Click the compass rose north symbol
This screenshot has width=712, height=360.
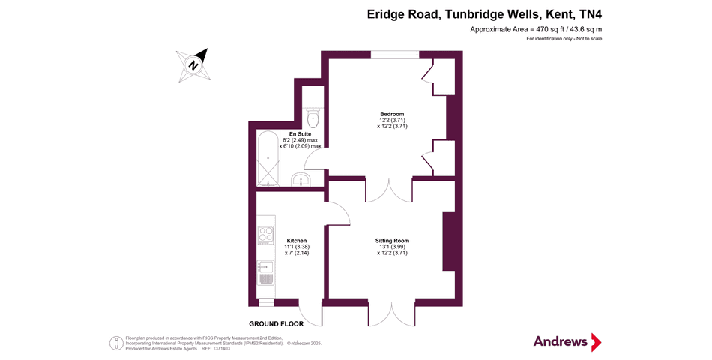coord(193,64)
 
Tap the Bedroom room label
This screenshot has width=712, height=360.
coord(392,115)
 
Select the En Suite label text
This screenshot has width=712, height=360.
coord(300,134)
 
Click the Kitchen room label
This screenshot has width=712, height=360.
coord(297,241)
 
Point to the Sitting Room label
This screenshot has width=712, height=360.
coord(392,241)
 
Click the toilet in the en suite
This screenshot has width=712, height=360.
coord(313,118)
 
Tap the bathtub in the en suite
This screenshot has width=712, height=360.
coord(266,159)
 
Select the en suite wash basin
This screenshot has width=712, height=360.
coord(301,180)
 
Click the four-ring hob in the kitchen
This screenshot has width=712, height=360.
coord(266,235)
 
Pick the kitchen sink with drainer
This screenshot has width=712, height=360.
coord(266,271)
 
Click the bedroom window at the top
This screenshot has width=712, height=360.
coord(395,54)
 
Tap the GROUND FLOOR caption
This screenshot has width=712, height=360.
coord(277,324)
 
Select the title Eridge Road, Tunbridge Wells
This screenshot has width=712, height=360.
coord(484,13)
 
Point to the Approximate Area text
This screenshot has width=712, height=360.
coord(535,29)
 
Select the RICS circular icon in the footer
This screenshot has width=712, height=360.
coord(117,343)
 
